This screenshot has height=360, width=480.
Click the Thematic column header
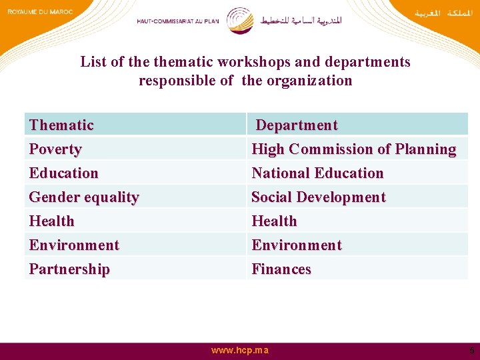(61, 125)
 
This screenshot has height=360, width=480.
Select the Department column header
(297, 125)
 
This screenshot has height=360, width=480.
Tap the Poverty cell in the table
(55, 149)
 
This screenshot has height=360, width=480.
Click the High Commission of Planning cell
(353, 149)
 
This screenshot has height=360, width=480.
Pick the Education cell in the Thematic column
(64, 173)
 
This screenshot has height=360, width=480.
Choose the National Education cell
(317, 173)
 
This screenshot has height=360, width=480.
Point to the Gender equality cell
(84, 197)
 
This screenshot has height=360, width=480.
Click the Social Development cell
(318, 197)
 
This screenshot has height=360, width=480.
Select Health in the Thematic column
(52, 221)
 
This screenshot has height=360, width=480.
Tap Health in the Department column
(274, 221)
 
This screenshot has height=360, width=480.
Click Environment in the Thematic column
(74, 245)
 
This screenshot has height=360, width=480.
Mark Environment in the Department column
(296, 245)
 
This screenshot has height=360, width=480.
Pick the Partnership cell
(69, 269)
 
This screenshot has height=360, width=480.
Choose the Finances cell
(281, 269)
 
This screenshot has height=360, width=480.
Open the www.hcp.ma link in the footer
(241, 351)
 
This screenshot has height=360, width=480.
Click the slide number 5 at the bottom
(471, 351)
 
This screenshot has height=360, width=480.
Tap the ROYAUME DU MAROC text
(39, 11)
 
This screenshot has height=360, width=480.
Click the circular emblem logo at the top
(240, 21)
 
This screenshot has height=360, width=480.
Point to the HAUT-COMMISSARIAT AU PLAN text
(177, 21)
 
